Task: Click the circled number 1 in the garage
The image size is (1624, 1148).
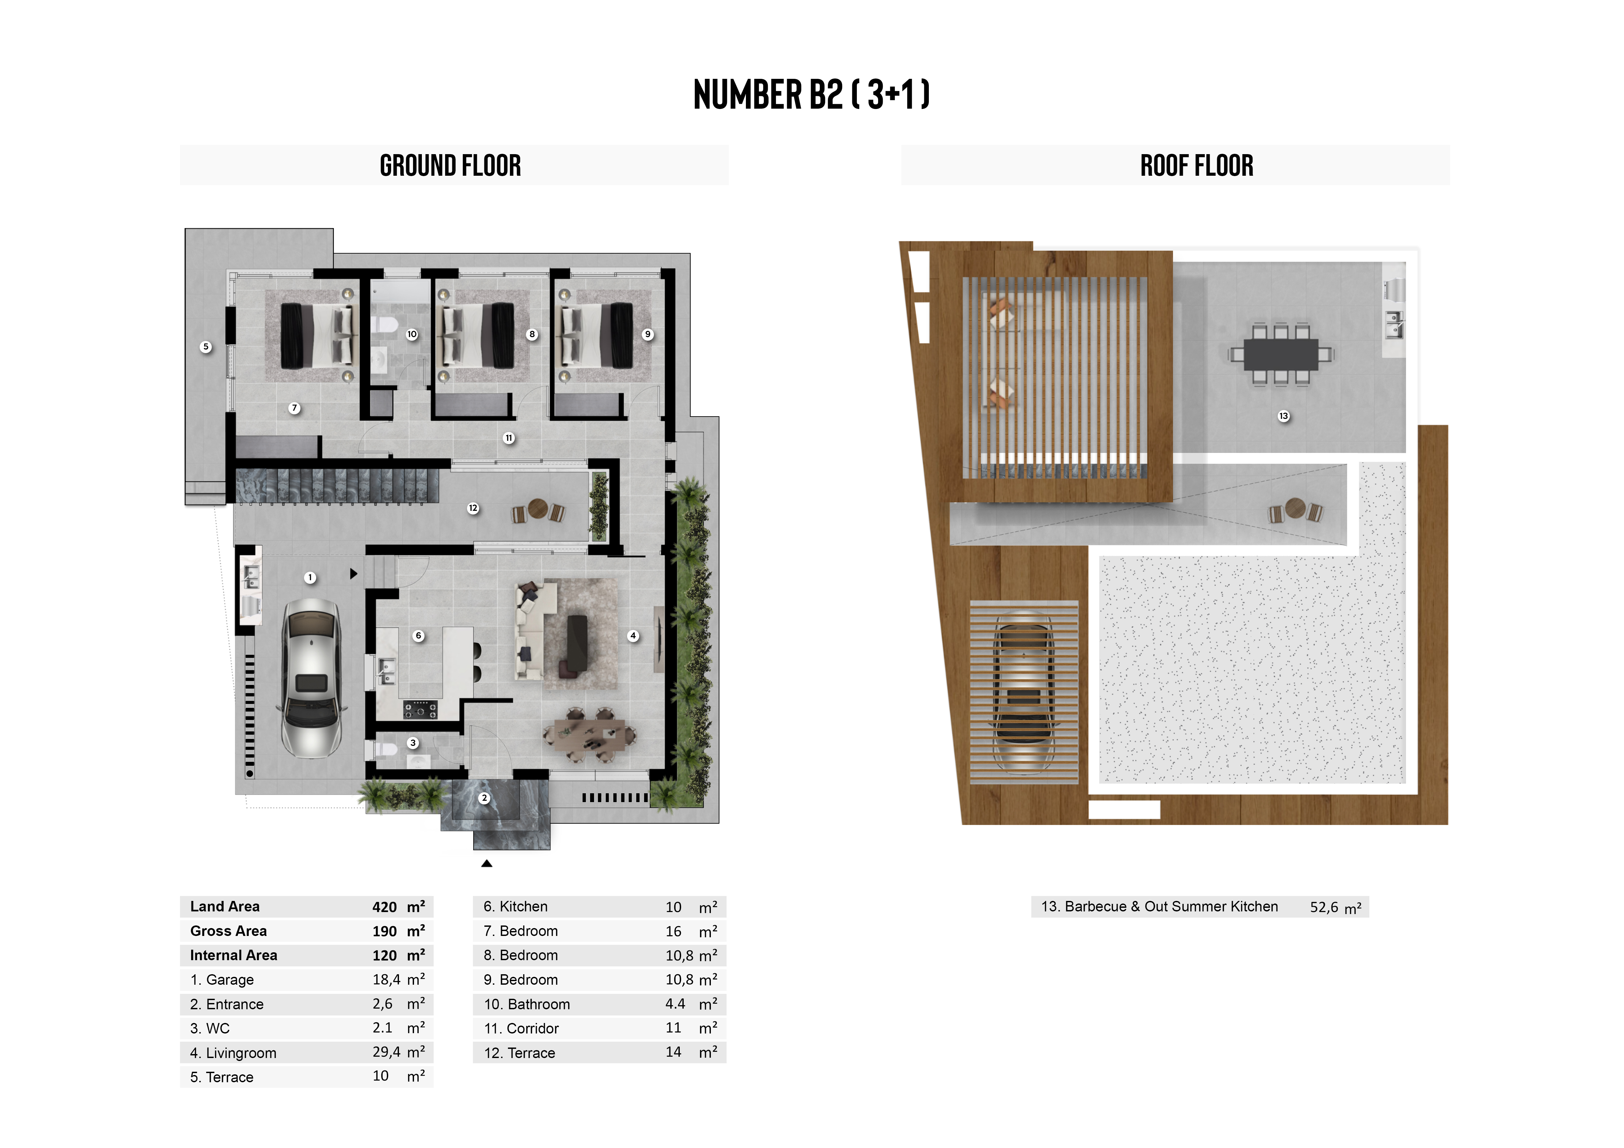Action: pyautogui.click(x=310, y=578)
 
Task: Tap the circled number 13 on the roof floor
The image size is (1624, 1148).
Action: pyautogui.click(x=1284, y=416)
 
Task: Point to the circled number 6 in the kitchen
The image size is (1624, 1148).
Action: pyautogui.click(x=419, y=636)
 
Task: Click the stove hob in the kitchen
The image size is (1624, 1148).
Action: pyautogui.click(x=420, y=709)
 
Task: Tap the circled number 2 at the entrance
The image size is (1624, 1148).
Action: pyautogui.click(x=484, y=798)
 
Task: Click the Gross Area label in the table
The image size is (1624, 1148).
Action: pyautogui.click(x=228, y=931)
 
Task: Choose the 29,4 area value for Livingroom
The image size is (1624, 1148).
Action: pyautogui.click(x=386, y=1052)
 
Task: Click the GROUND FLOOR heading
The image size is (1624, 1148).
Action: pyautogui.click(x=451, y=166)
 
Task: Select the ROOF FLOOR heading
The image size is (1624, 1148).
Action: pyautogui.click(x=1197, y=166)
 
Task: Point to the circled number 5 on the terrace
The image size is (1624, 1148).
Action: pyautogui.click(x=206, y=347)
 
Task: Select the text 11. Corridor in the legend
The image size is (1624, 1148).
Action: pyautogui.click(x=521, y=1029)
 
